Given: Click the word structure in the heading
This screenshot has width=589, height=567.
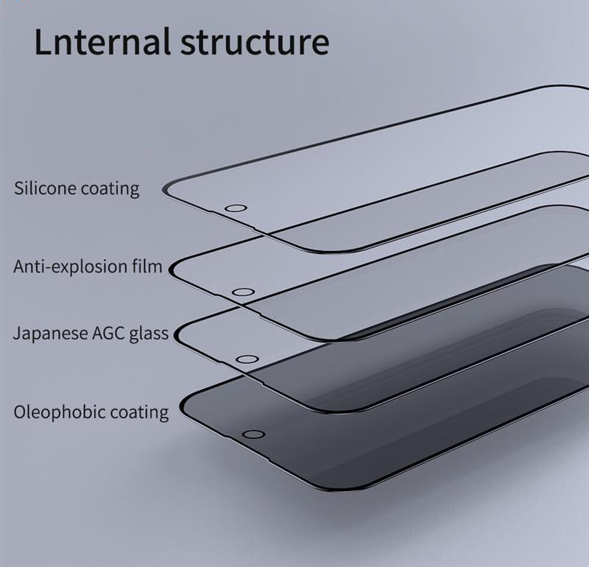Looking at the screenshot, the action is (x=255, y=42).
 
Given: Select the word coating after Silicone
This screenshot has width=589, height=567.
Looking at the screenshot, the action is (x=110, y=189).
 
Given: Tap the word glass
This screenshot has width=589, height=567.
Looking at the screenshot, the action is (x=149, y=334).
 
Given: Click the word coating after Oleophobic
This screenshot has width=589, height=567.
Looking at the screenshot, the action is (x=139, y=412).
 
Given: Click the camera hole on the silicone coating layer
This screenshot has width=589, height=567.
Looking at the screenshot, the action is (x=236, y=208).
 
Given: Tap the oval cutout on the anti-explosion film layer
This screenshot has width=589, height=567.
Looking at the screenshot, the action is (x=244, y=292).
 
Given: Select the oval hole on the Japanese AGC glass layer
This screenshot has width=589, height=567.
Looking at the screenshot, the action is (x=247, y=359).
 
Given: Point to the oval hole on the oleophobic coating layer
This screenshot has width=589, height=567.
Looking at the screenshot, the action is (x=253, y=434).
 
